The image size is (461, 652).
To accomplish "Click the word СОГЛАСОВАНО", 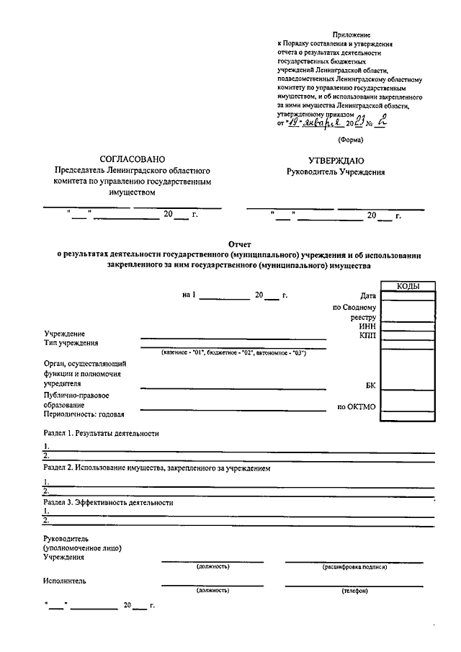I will pos(133,158).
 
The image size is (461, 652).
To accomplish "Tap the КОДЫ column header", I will pos(408,286).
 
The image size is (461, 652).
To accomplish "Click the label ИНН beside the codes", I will pos(367,326).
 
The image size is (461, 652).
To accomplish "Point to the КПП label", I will pos(367,336).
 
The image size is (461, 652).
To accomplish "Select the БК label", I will pos(370,385).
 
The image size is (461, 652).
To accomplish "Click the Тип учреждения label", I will pos(71,343).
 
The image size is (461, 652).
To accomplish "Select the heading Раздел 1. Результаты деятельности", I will pos(101,433).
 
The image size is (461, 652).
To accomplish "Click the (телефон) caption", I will pos(354,591).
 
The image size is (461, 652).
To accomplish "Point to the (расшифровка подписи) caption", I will pos(354,567).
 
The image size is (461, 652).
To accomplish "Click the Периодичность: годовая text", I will pos(84,415).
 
